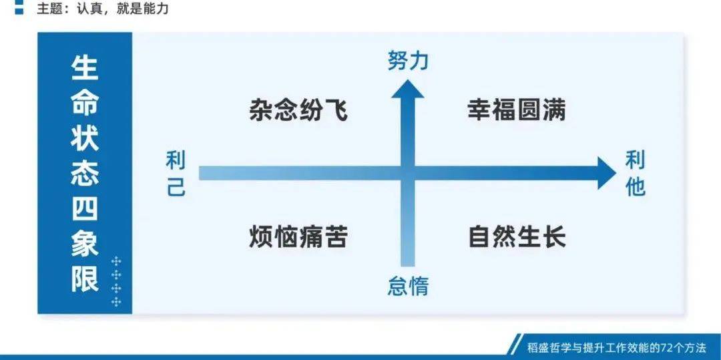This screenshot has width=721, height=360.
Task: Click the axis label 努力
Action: pos(407,62)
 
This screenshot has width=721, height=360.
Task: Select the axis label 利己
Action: pos(176,174)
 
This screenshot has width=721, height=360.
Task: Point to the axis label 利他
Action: pos(636,174)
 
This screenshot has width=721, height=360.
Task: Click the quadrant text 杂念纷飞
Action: pos(298,110)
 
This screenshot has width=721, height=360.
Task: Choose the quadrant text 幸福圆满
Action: pos(516,110)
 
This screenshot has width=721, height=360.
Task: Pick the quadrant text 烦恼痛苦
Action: pos(298,237)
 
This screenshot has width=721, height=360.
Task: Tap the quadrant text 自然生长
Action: pos(517,237)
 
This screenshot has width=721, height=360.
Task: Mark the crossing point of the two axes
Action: pos(407,174)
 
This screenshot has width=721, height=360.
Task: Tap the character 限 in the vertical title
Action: pos(85,279)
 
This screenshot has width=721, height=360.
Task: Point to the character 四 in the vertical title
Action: pos(85,209)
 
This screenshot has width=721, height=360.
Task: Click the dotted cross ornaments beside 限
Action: pos(117,281)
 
